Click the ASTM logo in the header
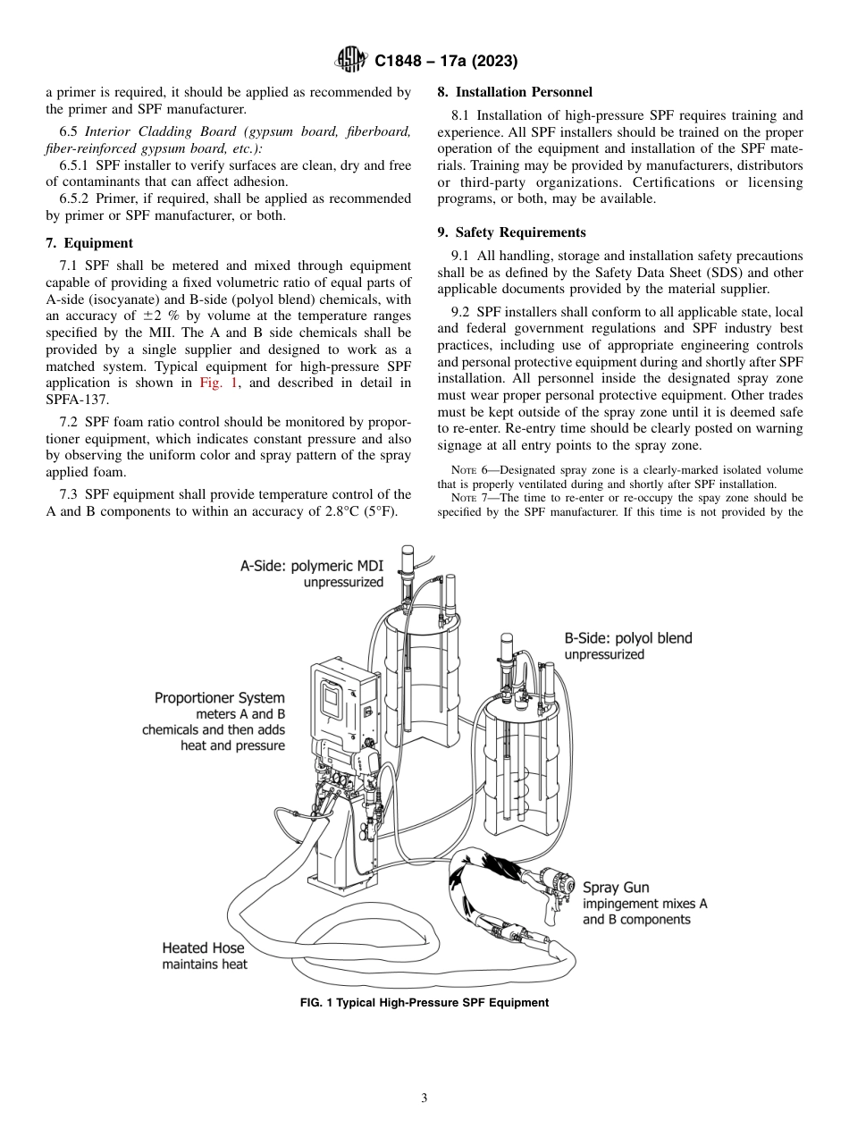pyautogui.click(x=351, y=61)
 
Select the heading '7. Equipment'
pyautogui.click(x=89, y=243)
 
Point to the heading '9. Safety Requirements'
pyautogui.click(x=511, y=232)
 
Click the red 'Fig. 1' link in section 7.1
pyautogui.click(x=219, y=383)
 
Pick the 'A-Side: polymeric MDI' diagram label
pyautogui.click(x=312, y=565)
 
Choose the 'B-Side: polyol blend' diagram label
pyautogui.click(x=627, y=638)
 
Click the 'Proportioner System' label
pyautogui.click(x=220, y=698)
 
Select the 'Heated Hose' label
pyautogui.click(x=203, y=947)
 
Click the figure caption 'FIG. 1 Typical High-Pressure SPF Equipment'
pyautogui.click(x=424, y=1002)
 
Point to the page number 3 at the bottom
pyautogui.click(x=424, y=1099)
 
